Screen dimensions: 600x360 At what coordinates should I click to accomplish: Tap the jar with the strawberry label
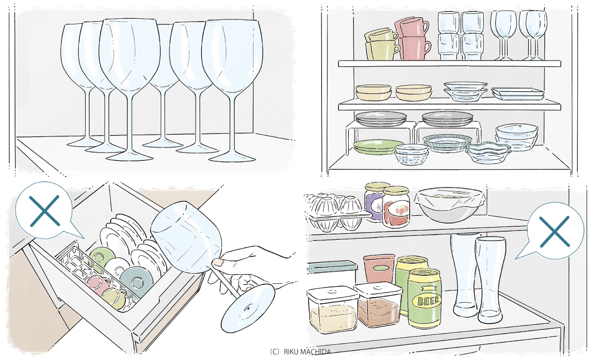click(x=396, y=207)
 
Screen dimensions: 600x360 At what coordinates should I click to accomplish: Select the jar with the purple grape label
click(x=375, y=201)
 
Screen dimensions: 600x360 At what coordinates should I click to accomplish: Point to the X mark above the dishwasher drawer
click(x=44, y=210)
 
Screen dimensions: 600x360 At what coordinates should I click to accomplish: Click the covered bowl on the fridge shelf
click(x=450, y=204)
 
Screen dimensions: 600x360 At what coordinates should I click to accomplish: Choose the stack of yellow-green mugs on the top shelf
click(x=381, y=45)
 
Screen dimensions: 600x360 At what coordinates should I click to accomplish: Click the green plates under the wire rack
click(x=373, y=147)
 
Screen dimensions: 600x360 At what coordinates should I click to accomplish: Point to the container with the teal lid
click(x=331, y=274)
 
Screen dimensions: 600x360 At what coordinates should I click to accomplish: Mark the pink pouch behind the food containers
click(x=379, y=268)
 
